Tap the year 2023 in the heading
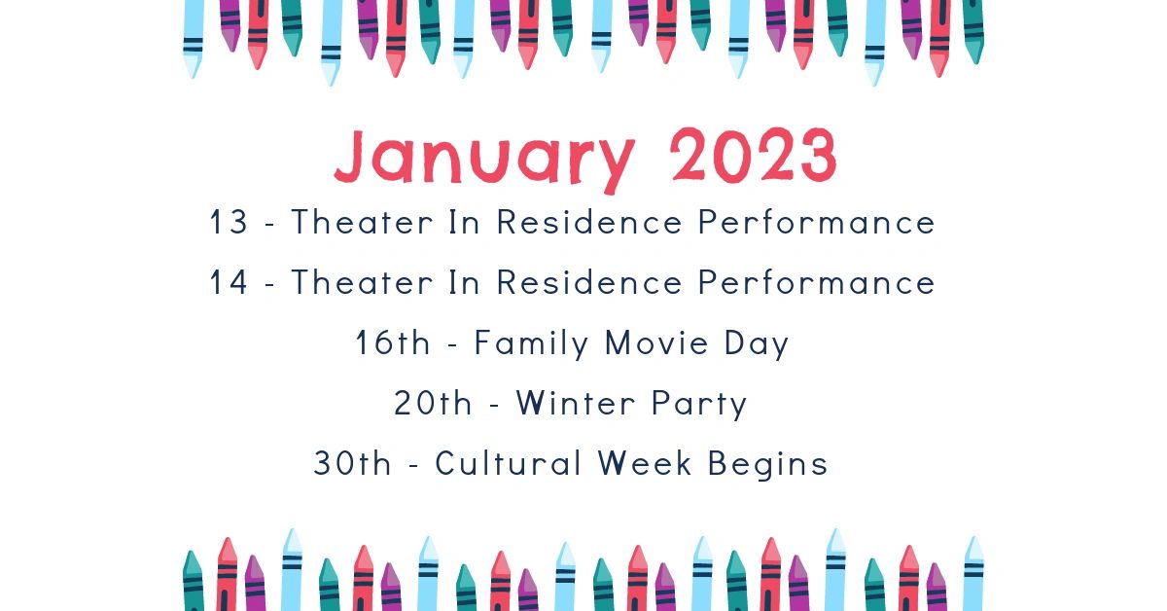click(x=754, y=155)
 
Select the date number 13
click(x=229, y=222)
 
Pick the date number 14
click(x=229, y=282)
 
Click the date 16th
click(x=393, y=343)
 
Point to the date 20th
click(x=433, y=403)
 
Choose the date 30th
click(x=352, y=463)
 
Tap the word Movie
click(x=656, y=343)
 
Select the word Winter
click(x=576, y=403)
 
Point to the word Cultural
click(x=508, y=462)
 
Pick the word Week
click(x=645, y=463)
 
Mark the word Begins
click(x=768, y=464)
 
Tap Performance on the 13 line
click(x=816, y=222)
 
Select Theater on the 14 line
click(x=362, y=282)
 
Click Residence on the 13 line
click(x=589, y=222)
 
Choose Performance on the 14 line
click(x=816, y=282)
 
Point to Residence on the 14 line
click(x=589, y=282)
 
